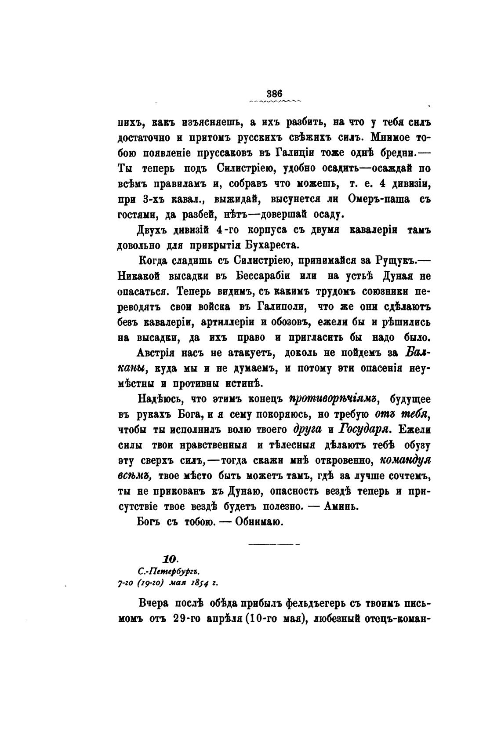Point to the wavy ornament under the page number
click(274, 101)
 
